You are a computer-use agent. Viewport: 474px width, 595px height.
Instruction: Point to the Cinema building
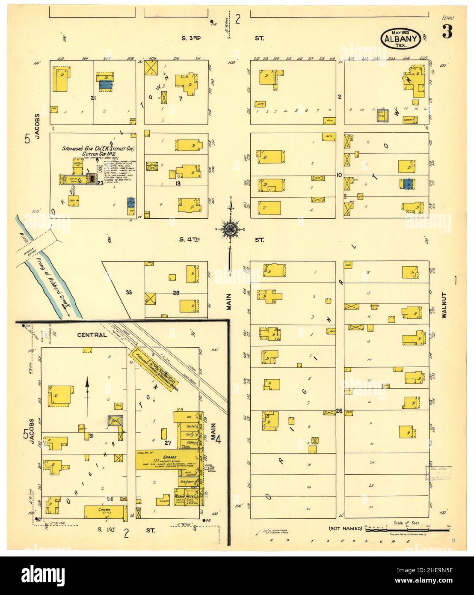[x=105, y=511]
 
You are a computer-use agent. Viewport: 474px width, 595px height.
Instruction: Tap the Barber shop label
[x=190, y=426]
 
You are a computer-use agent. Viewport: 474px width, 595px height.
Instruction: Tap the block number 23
[x=100, y=183]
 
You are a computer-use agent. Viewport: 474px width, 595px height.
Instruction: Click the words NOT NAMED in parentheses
[x=345, y=528]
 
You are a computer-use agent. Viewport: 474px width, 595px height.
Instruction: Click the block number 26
[x=339, y=411]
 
